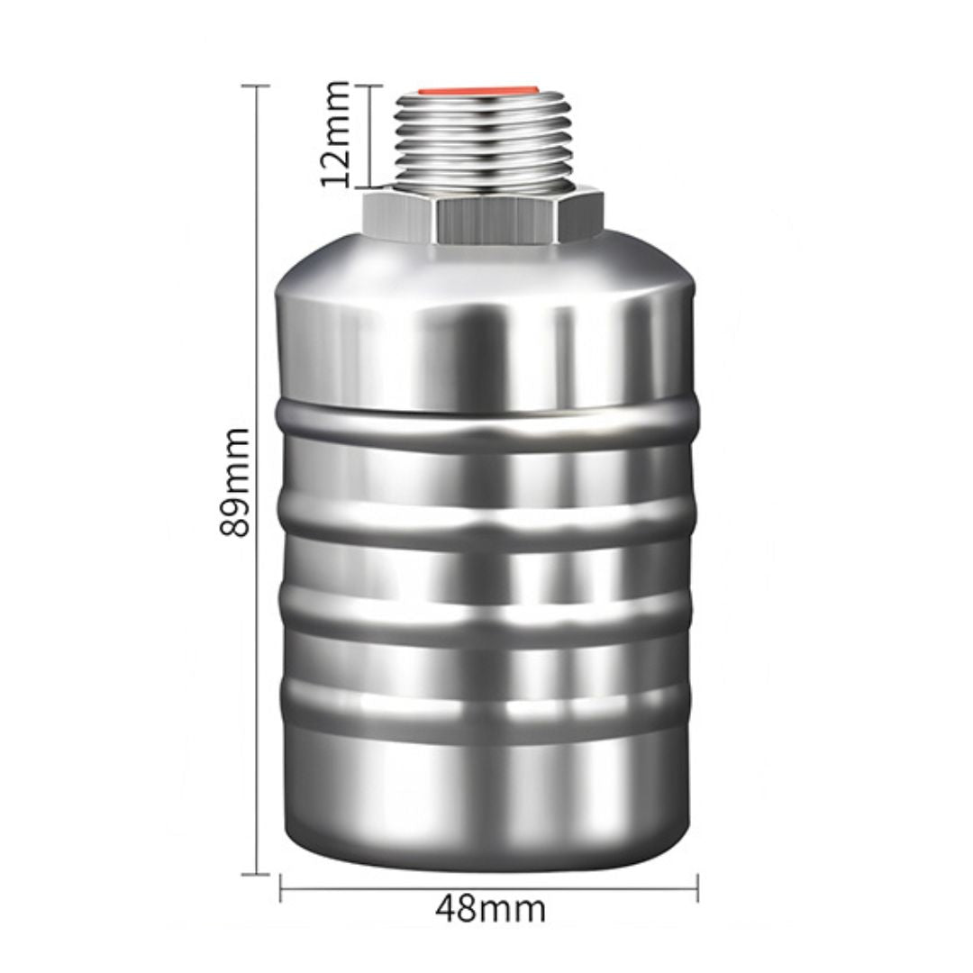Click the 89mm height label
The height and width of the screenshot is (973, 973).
tap(235, 481)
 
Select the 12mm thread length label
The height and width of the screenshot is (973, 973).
tap(335, 134)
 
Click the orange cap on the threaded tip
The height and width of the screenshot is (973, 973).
tap(477, 91)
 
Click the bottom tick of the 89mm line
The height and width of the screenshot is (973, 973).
tap(255, 874)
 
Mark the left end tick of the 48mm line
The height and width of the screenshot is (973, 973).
tap(280, 888)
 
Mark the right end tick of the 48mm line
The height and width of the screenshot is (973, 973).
tap(698, 888)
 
